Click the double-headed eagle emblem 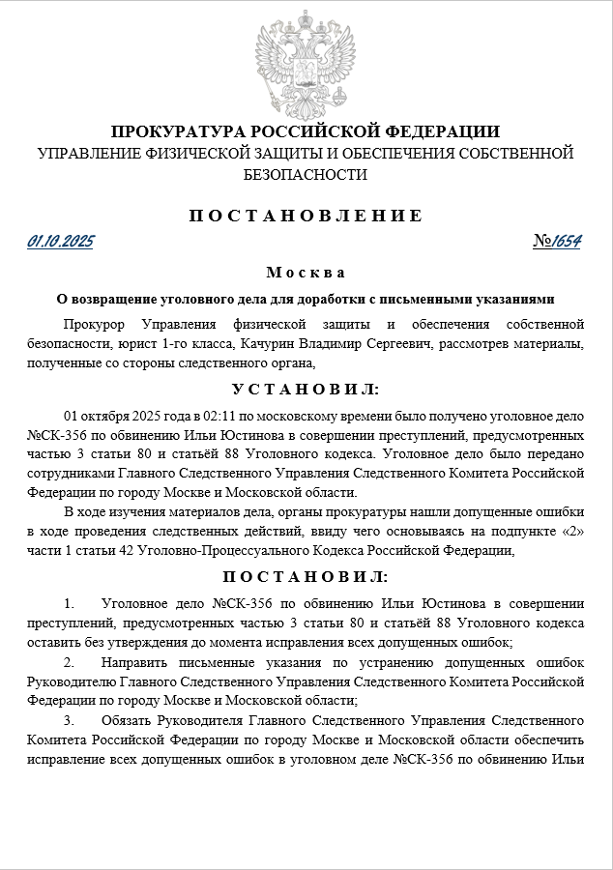click(x=306, y=67)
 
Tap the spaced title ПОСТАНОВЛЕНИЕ click(x=306, y=215)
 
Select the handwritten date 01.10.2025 click(x=61, y=242)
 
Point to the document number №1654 click(x=557, y=242)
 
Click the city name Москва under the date click(x=306, y=273)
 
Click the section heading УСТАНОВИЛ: click(x=306, y=389)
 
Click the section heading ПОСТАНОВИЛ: click(x=306, y=577)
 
